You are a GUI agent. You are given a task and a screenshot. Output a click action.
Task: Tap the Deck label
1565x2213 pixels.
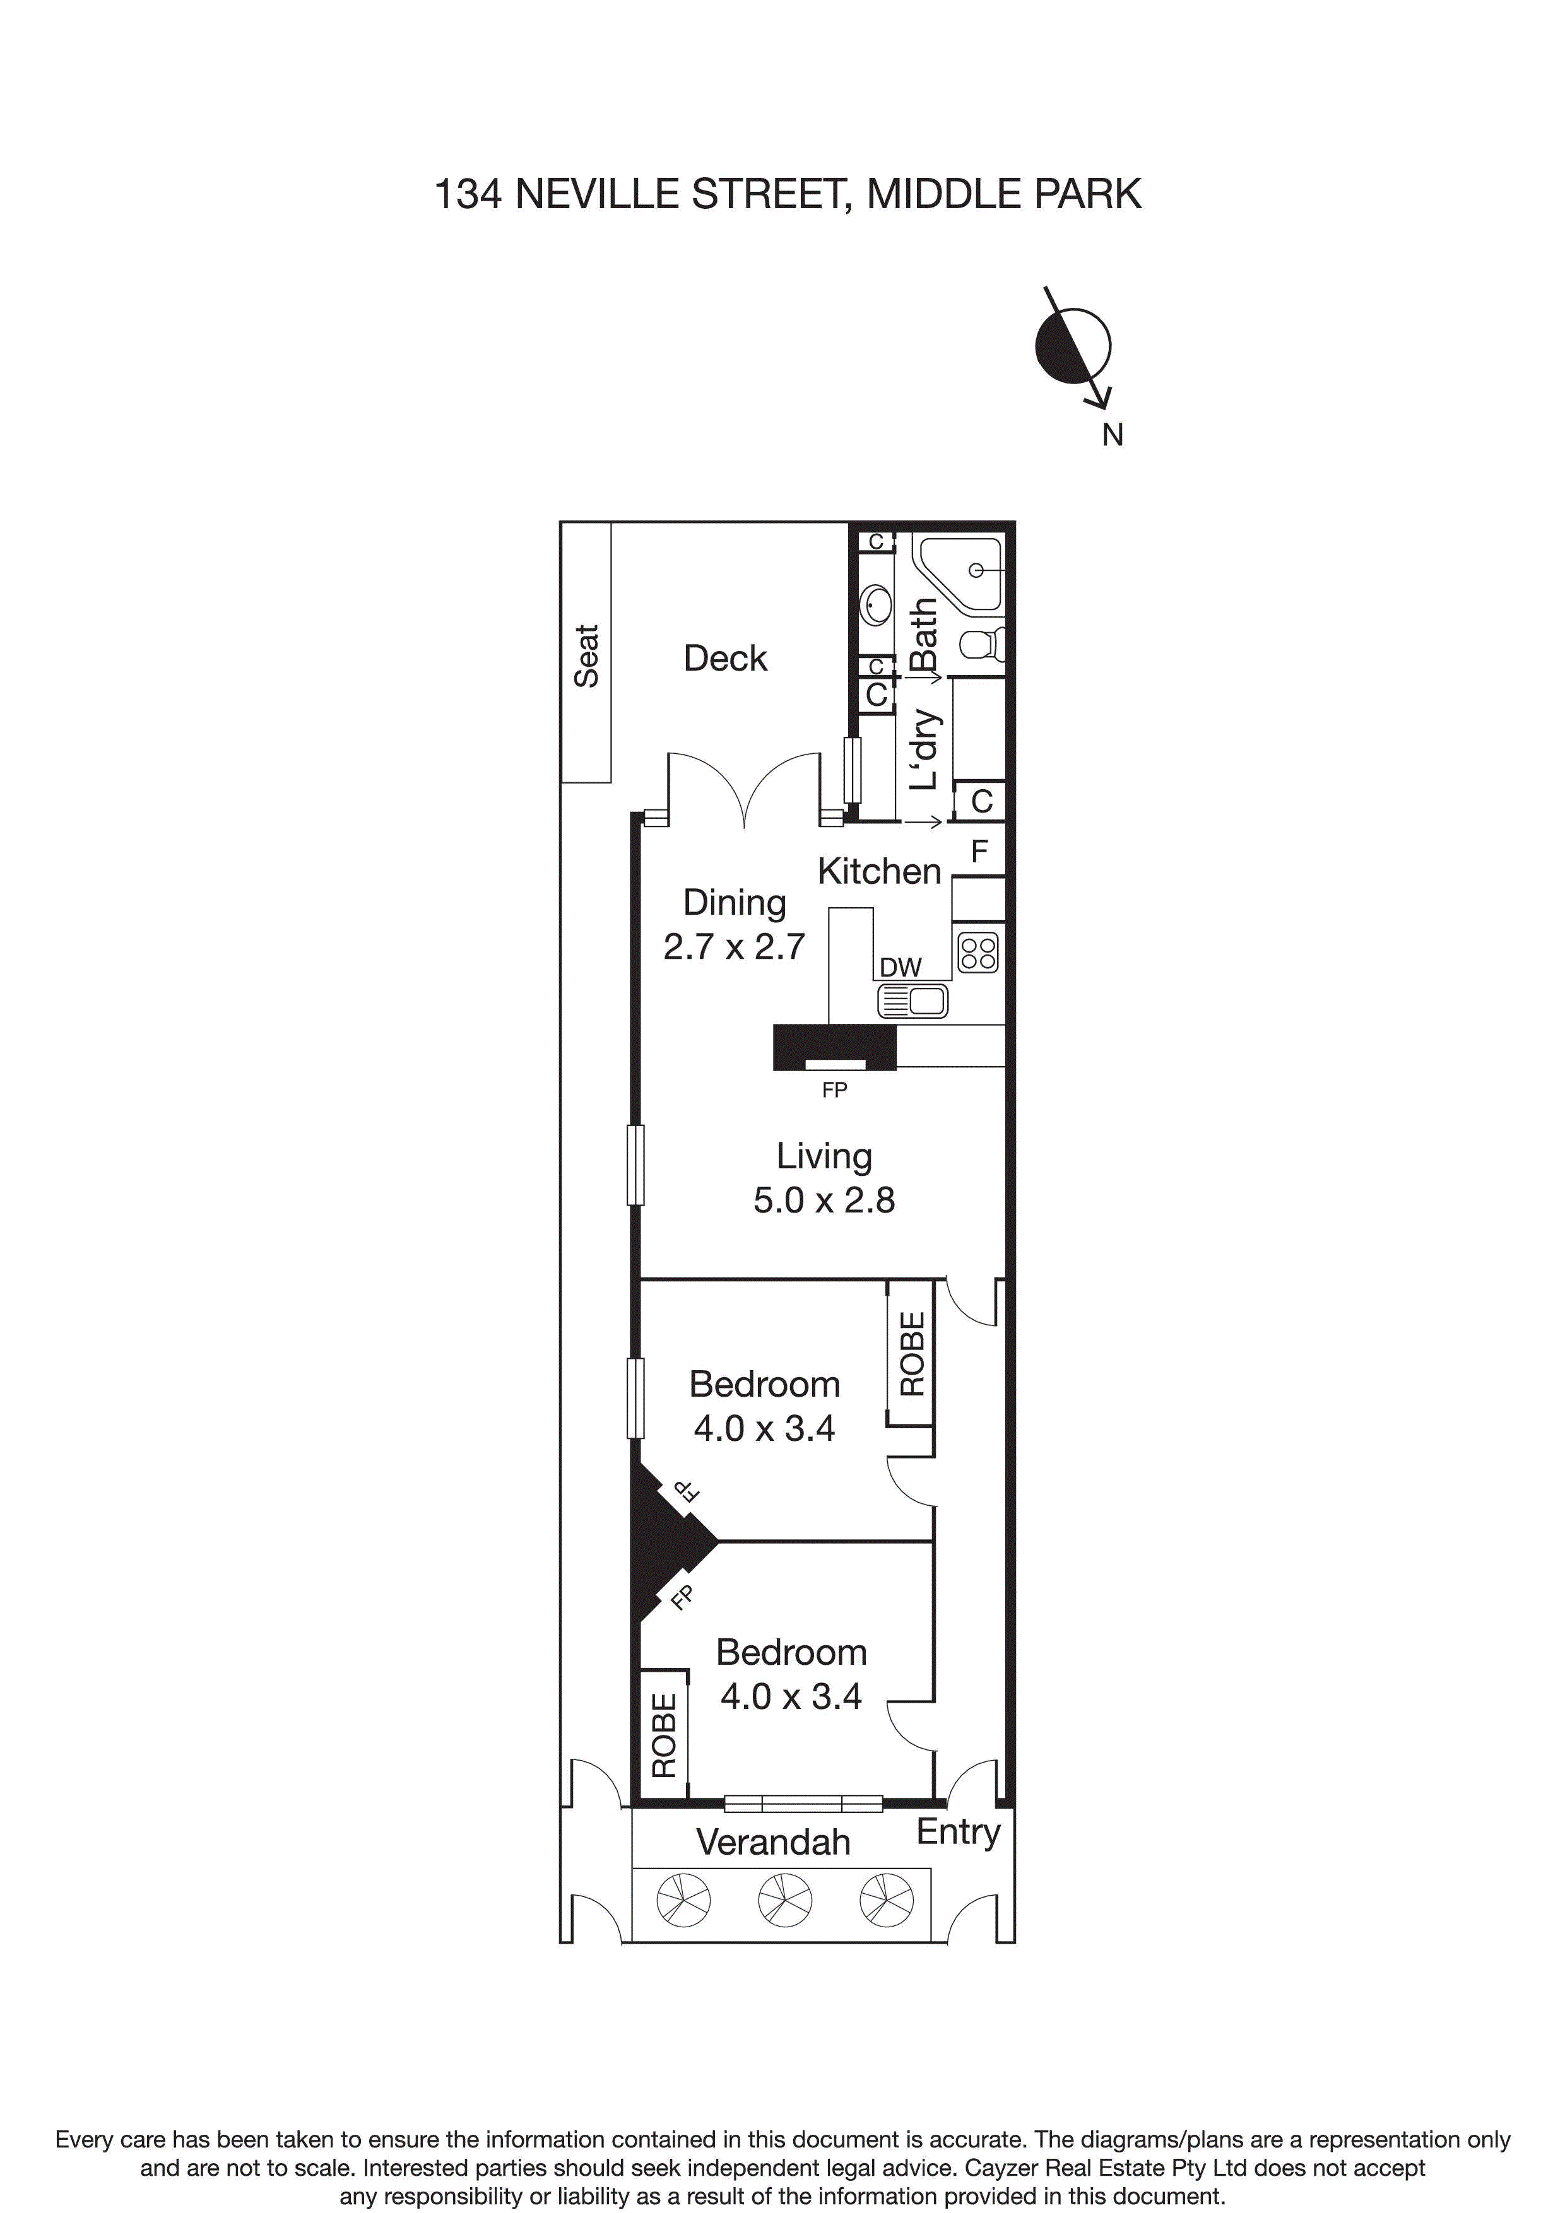pos(725,659)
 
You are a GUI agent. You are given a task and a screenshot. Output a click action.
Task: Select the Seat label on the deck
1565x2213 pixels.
pos(586,655)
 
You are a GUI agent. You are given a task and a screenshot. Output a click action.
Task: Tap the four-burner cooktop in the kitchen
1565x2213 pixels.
pos(977,953)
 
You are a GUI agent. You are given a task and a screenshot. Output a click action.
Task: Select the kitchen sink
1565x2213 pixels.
pos(912,1001)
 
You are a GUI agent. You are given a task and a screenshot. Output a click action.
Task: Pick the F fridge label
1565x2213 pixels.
pos(979,851)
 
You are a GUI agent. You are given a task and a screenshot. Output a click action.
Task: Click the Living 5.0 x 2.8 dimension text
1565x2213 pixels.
pos(824,1200)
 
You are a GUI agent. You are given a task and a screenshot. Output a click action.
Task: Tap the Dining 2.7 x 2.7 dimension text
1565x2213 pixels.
pos(734,946)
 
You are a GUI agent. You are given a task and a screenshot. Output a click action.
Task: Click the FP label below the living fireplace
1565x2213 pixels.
pos(834,1090)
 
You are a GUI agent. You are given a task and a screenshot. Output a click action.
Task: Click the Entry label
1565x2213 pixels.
pos(957,1831)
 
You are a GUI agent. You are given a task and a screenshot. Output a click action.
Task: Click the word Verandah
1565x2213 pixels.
pos(773,1842)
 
